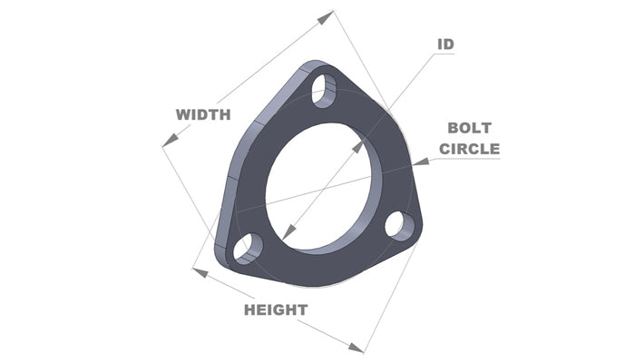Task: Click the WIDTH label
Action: [x=203, y=114]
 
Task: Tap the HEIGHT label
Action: [x=275, y=309]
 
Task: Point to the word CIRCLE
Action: [x=469, y=149]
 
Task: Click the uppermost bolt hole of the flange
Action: [x=322, y=89]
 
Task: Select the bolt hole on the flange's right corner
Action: [x=397, y=224]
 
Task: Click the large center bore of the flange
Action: [x=317, y=186]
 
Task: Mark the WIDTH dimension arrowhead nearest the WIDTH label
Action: [x=166, y=141]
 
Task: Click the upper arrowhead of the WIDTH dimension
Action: [x=328, y=15]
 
